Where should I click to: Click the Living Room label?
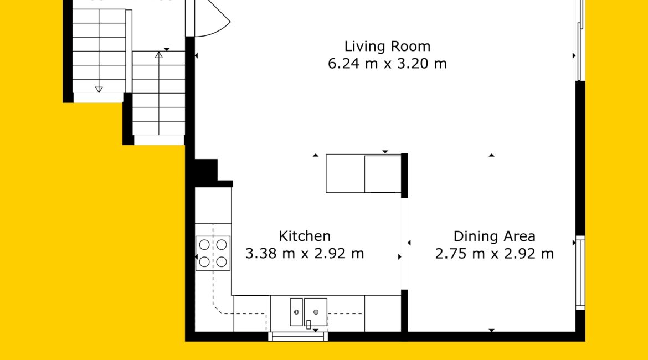point(387,47)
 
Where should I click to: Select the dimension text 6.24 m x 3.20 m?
point(387,64)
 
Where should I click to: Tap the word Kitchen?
point(305,236)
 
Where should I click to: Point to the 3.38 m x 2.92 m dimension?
point(305,253)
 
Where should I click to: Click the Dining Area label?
point(494,236)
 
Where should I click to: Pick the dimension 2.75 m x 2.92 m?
point(494,253)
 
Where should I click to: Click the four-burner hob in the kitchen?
point(213,253)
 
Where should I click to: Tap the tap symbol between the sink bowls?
point(308,325)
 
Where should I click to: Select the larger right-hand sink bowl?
point(316,312)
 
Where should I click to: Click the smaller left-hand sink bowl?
point(296,312)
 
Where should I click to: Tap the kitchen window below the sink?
point(298,336)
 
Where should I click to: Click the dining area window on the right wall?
point(580,273)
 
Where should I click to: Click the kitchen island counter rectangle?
point(364,173)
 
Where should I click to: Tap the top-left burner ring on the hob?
point(204,245)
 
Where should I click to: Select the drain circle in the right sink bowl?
point(316,312)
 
